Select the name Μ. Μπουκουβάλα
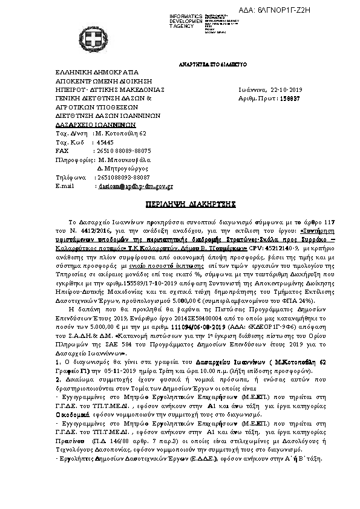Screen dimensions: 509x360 point(125,160)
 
